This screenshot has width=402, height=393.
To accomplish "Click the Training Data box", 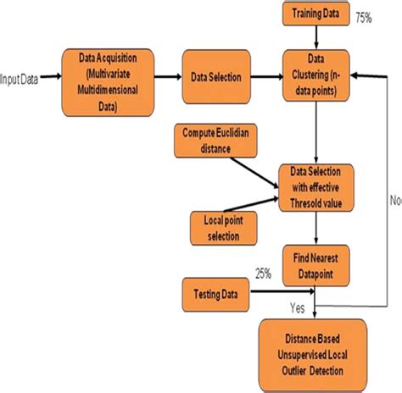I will (315, 14).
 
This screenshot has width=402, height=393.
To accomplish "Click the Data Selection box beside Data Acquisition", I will (216, 77).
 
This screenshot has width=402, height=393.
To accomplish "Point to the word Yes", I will (298, 308).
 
